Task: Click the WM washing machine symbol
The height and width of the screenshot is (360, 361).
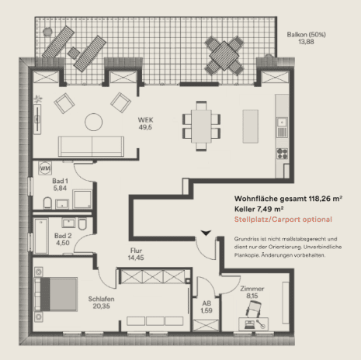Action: tap(45, 168)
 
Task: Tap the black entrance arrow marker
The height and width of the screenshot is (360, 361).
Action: tap(206, 233)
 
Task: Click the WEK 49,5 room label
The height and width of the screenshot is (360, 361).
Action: tap(145, 123)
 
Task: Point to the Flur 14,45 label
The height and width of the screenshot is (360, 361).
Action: tap(136, 254)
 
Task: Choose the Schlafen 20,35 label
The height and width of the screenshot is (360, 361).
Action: tap(101, 303)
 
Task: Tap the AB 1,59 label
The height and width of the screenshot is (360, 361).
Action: tap(207, 306)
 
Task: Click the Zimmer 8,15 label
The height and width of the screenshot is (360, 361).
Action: tap(252, 292)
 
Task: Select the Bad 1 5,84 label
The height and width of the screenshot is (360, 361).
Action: tap(60, 185)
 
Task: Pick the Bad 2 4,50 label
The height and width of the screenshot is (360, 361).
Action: tap(63, 239)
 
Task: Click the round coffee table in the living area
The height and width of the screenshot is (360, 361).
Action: tap(93, 122)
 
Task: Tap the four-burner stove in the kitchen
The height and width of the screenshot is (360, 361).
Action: tap(282, 154)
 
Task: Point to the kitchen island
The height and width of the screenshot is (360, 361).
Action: tap(250, 126)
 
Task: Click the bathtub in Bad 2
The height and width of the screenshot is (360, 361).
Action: tap(41, 236)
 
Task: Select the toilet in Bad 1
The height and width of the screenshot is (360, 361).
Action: tap(47, 203)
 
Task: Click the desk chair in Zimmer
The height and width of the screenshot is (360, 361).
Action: tap(253, 309)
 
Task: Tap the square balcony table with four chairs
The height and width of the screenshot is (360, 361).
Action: tap(224, 56)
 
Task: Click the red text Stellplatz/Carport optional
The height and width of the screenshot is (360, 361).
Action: tap(283, 220)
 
